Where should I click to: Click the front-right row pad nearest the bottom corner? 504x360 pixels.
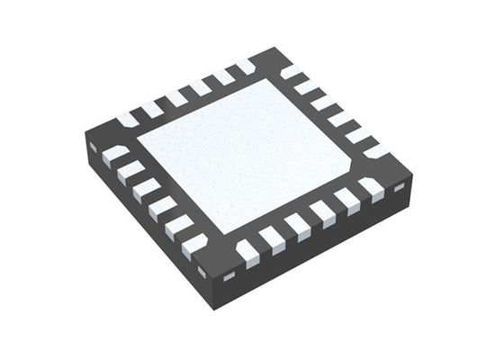point(247,255)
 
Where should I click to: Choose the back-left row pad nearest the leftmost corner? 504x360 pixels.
point(127,119)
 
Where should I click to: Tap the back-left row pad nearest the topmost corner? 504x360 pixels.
point(245,67)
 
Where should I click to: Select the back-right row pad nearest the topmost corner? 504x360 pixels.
point(292,72)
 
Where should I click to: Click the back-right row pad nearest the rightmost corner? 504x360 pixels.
point(376,150)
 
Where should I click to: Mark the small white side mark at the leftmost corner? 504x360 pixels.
point(93,147)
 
